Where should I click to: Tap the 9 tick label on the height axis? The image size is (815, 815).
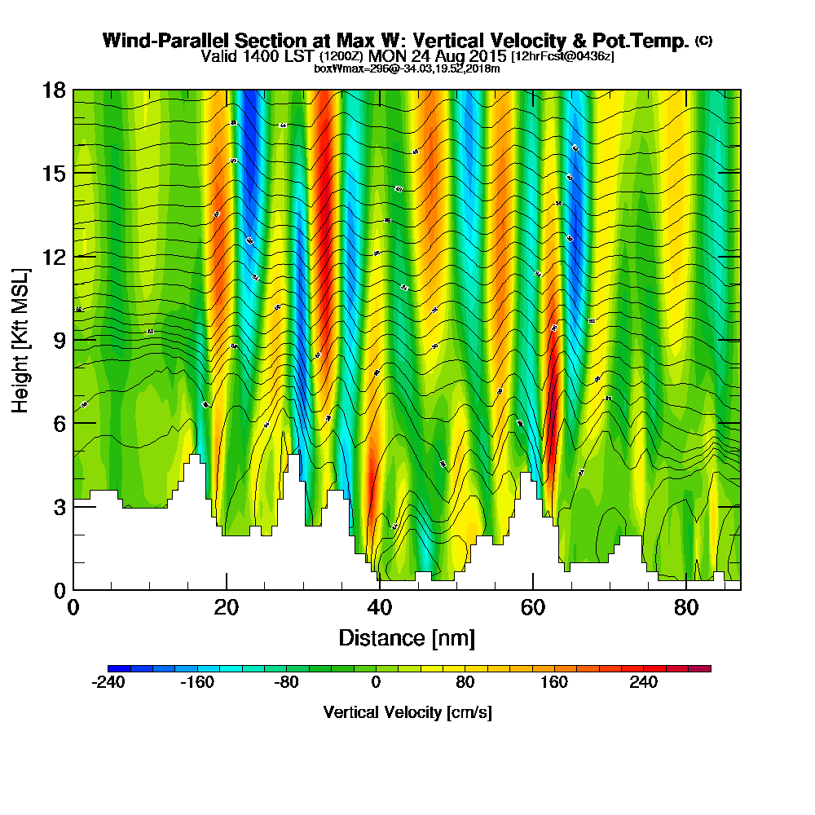[x=59, y=340]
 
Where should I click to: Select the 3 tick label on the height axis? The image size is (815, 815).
[x=59, y=506]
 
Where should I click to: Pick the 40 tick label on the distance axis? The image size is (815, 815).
[x=379, y=608]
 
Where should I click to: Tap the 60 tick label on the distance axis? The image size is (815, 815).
[x=532, y=608]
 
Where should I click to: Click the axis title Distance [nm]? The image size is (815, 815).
[x=407, y=637]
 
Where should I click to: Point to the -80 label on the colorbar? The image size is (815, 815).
[x=287, y=683]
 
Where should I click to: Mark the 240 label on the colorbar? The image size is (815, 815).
[x=643, y=683]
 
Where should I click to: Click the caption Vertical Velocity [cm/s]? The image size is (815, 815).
[x=407, y=712]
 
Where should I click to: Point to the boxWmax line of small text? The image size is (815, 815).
[x=407, y=68]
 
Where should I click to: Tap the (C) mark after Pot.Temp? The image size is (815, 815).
[x=703, y=41]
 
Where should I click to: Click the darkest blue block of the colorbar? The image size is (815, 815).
[x=114, y=668]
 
